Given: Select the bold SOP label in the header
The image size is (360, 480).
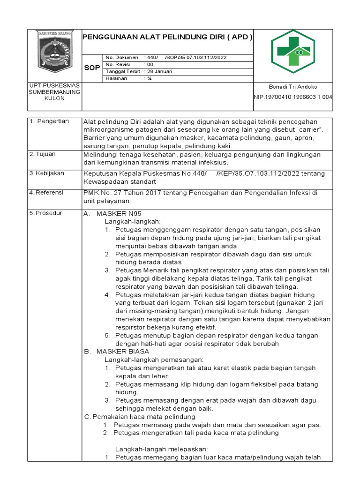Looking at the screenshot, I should tap(92, 68).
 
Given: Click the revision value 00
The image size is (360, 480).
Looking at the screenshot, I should tap(150, 64).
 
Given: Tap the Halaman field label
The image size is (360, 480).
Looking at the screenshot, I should tap(118, 79).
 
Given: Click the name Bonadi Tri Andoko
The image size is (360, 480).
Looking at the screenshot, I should tap(293, 87).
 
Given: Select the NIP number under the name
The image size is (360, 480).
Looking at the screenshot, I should tap(293, 97).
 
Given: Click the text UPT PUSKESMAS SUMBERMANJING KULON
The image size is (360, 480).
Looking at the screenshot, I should tap(55, 92).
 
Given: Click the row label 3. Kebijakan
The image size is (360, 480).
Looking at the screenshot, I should tap(48, 173).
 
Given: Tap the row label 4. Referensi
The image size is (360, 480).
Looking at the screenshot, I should tap(49, 192).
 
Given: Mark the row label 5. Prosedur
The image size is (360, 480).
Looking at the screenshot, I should tap(47, 213).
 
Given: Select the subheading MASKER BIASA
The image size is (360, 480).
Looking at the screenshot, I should tap(123, 351).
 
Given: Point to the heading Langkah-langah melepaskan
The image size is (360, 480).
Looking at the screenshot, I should tap(162, 449).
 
